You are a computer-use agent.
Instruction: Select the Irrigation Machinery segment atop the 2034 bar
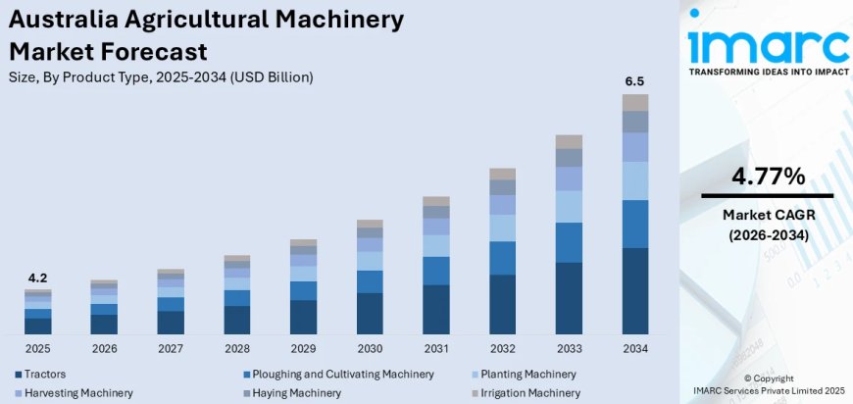point(635,102)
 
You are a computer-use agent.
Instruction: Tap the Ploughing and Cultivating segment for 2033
point(569,242)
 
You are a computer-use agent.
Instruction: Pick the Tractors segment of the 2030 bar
point(370,313)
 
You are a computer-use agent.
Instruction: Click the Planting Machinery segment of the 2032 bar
point(502,227)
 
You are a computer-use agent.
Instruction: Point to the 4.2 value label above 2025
point(37,277)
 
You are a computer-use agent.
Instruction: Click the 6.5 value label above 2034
point(635,80)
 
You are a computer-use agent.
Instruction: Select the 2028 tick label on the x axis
point(236,349)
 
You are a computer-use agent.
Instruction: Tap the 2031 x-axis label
point(436,349)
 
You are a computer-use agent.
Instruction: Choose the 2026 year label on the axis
point(104,349)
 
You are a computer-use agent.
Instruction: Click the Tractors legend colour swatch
point(19,375)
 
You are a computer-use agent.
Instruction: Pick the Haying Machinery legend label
point(296,392)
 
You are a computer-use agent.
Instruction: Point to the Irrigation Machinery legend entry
point(530,392)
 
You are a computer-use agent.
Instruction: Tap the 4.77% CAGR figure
point(768,177)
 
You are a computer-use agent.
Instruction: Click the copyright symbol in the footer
point(748,378)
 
